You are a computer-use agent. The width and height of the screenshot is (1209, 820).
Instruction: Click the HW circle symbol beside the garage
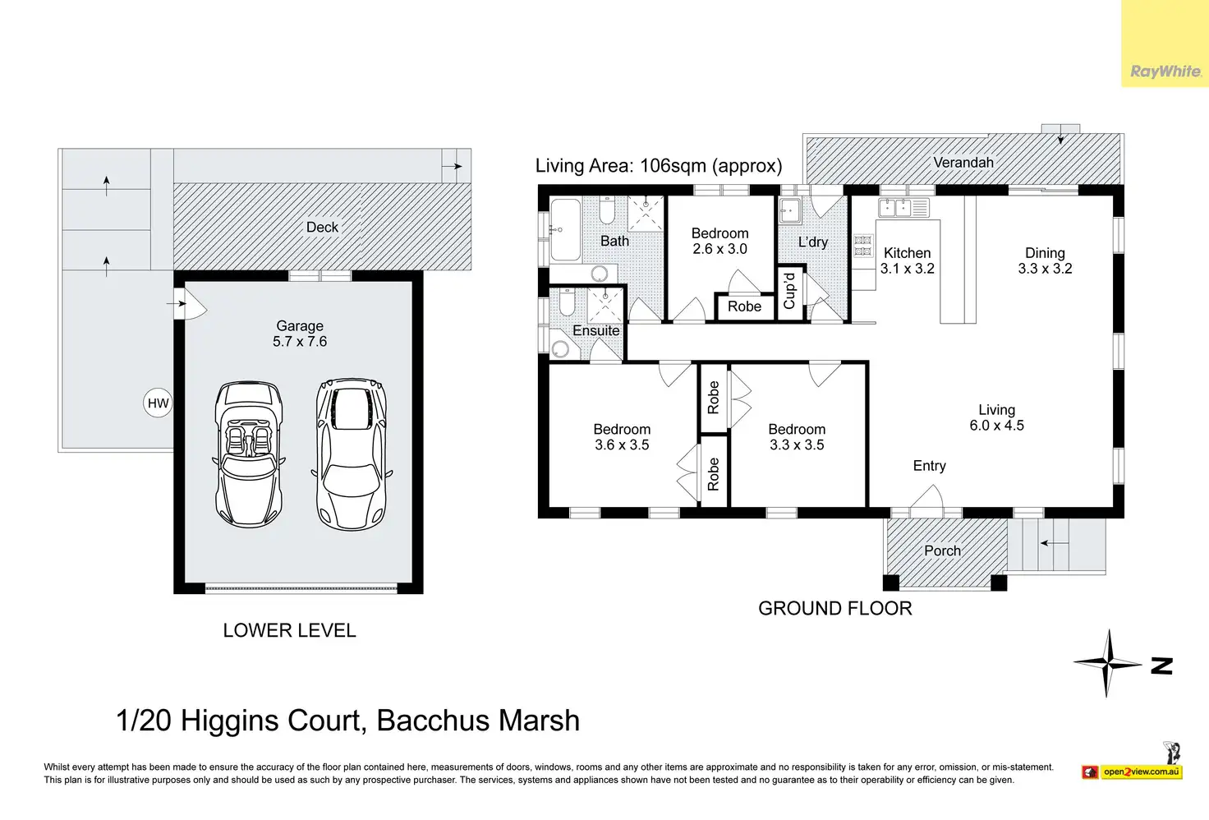pos(158,403)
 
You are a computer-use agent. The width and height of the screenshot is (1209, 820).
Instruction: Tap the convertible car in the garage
pos(248,454)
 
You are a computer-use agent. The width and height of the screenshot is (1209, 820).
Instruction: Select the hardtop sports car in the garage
pos(352,454)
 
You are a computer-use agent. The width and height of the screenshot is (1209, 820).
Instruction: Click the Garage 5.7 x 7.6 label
pos(300,334)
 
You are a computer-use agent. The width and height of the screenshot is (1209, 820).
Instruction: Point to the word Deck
pos(322,228)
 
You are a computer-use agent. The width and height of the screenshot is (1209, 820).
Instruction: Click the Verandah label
pos(963,163)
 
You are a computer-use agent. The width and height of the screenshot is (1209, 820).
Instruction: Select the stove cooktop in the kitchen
pos(863,246)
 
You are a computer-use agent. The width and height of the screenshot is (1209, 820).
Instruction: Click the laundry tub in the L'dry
pos(789,210)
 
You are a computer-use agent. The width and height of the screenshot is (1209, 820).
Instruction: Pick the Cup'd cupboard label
pos(789,291)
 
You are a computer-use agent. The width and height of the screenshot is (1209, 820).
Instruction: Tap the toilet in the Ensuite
pos(567,302)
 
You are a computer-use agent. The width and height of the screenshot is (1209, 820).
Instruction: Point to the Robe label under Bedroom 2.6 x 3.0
pos(744,306)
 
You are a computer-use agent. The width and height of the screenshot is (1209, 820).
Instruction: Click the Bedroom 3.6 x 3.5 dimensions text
pos(622,445)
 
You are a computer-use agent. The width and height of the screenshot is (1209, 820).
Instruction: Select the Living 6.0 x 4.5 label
pos(996,417)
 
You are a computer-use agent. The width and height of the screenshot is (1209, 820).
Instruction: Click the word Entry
pos(930,466)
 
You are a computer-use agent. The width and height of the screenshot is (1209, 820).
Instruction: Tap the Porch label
pos(942,551)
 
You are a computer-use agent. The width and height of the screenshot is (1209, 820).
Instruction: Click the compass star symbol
pos(1107,663)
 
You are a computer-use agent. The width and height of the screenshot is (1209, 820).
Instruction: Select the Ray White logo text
pos(1165,71)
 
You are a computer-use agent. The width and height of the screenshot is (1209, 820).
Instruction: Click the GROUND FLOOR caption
pos(835,608)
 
